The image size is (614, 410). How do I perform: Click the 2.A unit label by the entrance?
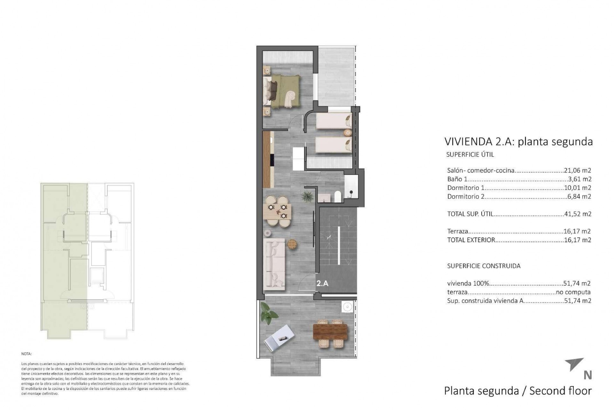pos(322,283)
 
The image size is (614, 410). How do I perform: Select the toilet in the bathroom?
pos(337,196)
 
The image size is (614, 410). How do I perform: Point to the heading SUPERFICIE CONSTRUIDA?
pos(484,266)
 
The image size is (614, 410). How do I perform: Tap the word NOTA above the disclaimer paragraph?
pos(26,354)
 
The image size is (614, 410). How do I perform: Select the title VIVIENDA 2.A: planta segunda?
pos(518,142)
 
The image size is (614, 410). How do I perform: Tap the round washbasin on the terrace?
pos(346,307)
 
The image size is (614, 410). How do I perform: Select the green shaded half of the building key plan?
pos(64,256)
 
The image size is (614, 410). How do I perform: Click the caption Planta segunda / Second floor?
pos(518,391)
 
